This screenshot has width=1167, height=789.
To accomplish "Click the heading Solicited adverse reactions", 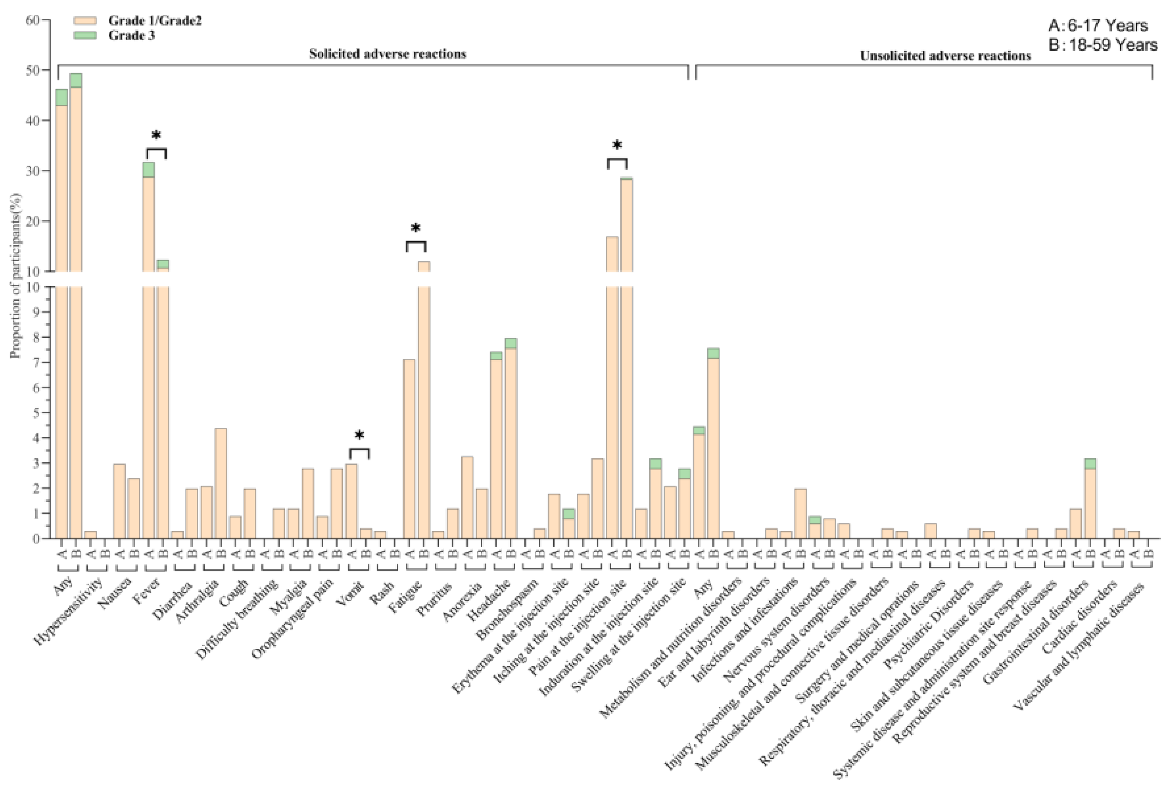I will coord(387,54).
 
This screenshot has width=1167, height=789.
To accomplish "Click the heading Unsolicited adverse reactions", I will coord(945,56).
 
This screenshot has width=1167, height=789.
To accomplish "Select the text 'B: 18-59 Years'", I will coord(1103,45).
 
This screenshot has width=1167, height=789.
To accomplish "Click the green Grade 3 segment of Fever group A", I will coord(148,170).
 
